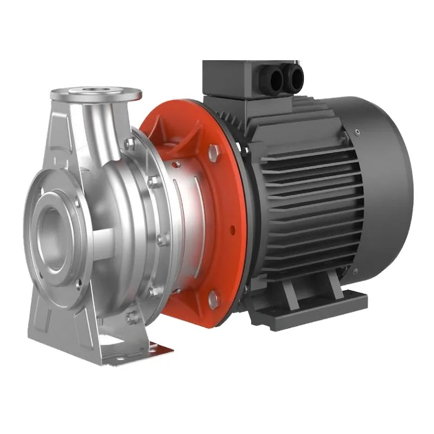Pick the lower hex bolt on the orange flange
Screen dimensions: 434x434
[214, 298]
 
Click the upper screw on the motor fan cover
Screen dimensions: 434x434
[357, 131]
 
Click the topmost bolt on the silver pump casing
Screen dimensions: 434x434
[130, 143]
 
